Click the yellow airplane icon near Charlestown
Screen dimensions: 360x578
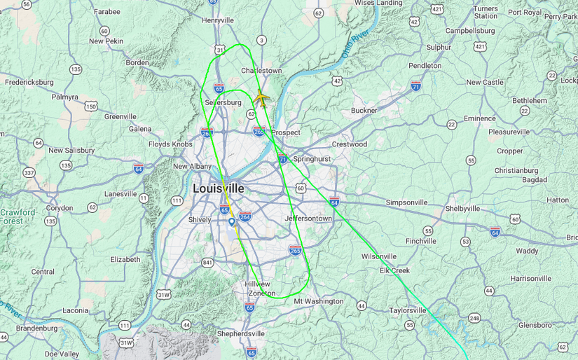pyautogui.click(x=261, y=98)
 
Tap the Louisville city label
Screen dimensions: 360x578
pyautogui.click(x=219, y=188)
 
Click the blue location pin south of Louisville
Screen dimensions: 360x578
pyautogui.click(x=232, y=222)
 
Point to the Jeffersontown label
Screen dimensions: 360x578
pyautogui.click(x=308, y=219)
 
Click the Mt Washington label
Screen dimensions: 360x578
pyautogui.click(x=318, y=301)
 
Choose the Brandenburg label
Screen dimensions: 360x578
pyautogui.click(x=36, y=328)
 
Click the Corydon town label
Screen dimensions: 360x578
pyautogui.click(x=60, y=208)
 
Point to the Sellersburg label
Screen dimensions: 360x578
pyautogui.click(x=223, y=102)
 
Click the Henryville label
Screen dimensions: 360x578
pyautogui.click(x=218, y=20)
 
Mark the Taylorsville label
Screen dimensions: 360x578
pyautogui.click(x=408, y=310)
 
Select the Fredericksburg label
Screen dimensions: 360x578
pyautogui.click(x=29, y=82)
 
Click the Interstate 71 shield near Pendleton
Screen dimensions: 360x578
pyautogui.click(x=416, y=86)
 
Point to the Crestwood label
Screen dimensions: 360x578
pyautogui.click(x=349, y=144)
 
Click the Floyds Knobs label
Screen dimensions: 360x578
pyautogui.click(x=170, y=144)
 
